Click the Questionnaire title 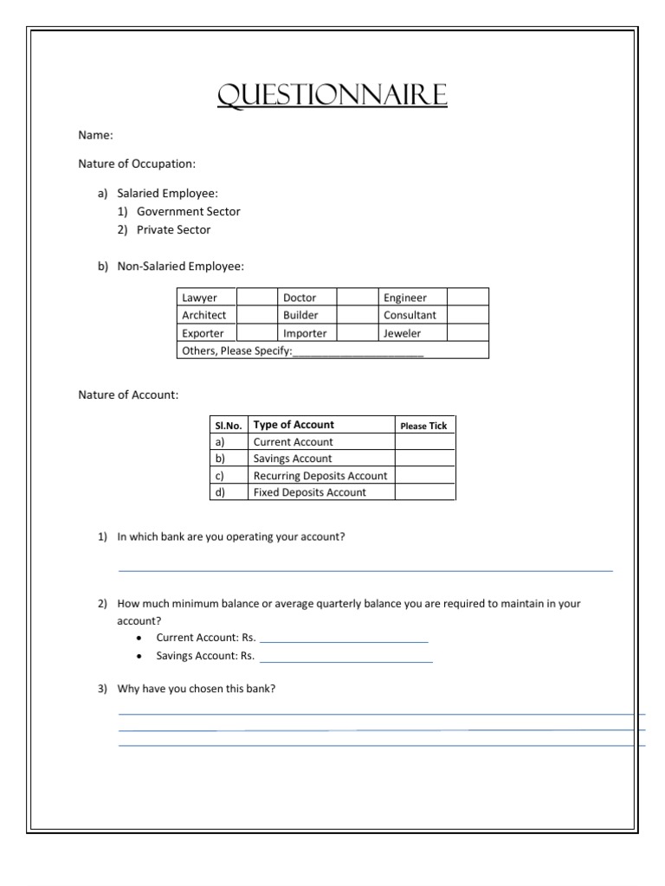pyautogui.click(x=332, y=95)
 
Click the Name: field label pyautogui.click(x=95, y=135)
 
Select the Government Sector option pyautogui.click(x=188, y=211)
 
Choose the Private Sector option pyautogui.click(x=173, y=230)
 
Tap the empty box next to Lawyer pyautogui.click(x=255, y=298)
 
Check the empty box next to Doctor pyautogui.click(x=356, y=298)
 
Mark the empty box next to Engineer pyautogui.click(x=468, y=298)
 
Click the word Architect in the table pyautogui.click(x=203, y=315)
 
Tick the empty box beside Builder pyautogui.click(x=356, y=315)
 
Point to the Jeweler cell pyautogui.click(x=403, y=333)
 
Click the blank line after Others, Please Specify pyautogui.click(x=358, y=351)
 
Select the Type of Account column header pyautogui.click(x=294, y=425)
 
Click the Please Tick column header pyautogui.click(x=423, y=426)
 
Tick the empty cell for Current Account pyautogui.click(x=424, y=442)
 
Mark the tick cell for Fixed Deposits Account pyautogui.click(x=424, y=492)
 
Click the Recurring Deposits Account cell pyautogui.click(x=320, y=476)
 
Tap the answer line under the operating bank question pyautogui.click(x=365, y=569)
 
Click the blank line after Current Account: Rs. pyautogui.click(x=344, y=640)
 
